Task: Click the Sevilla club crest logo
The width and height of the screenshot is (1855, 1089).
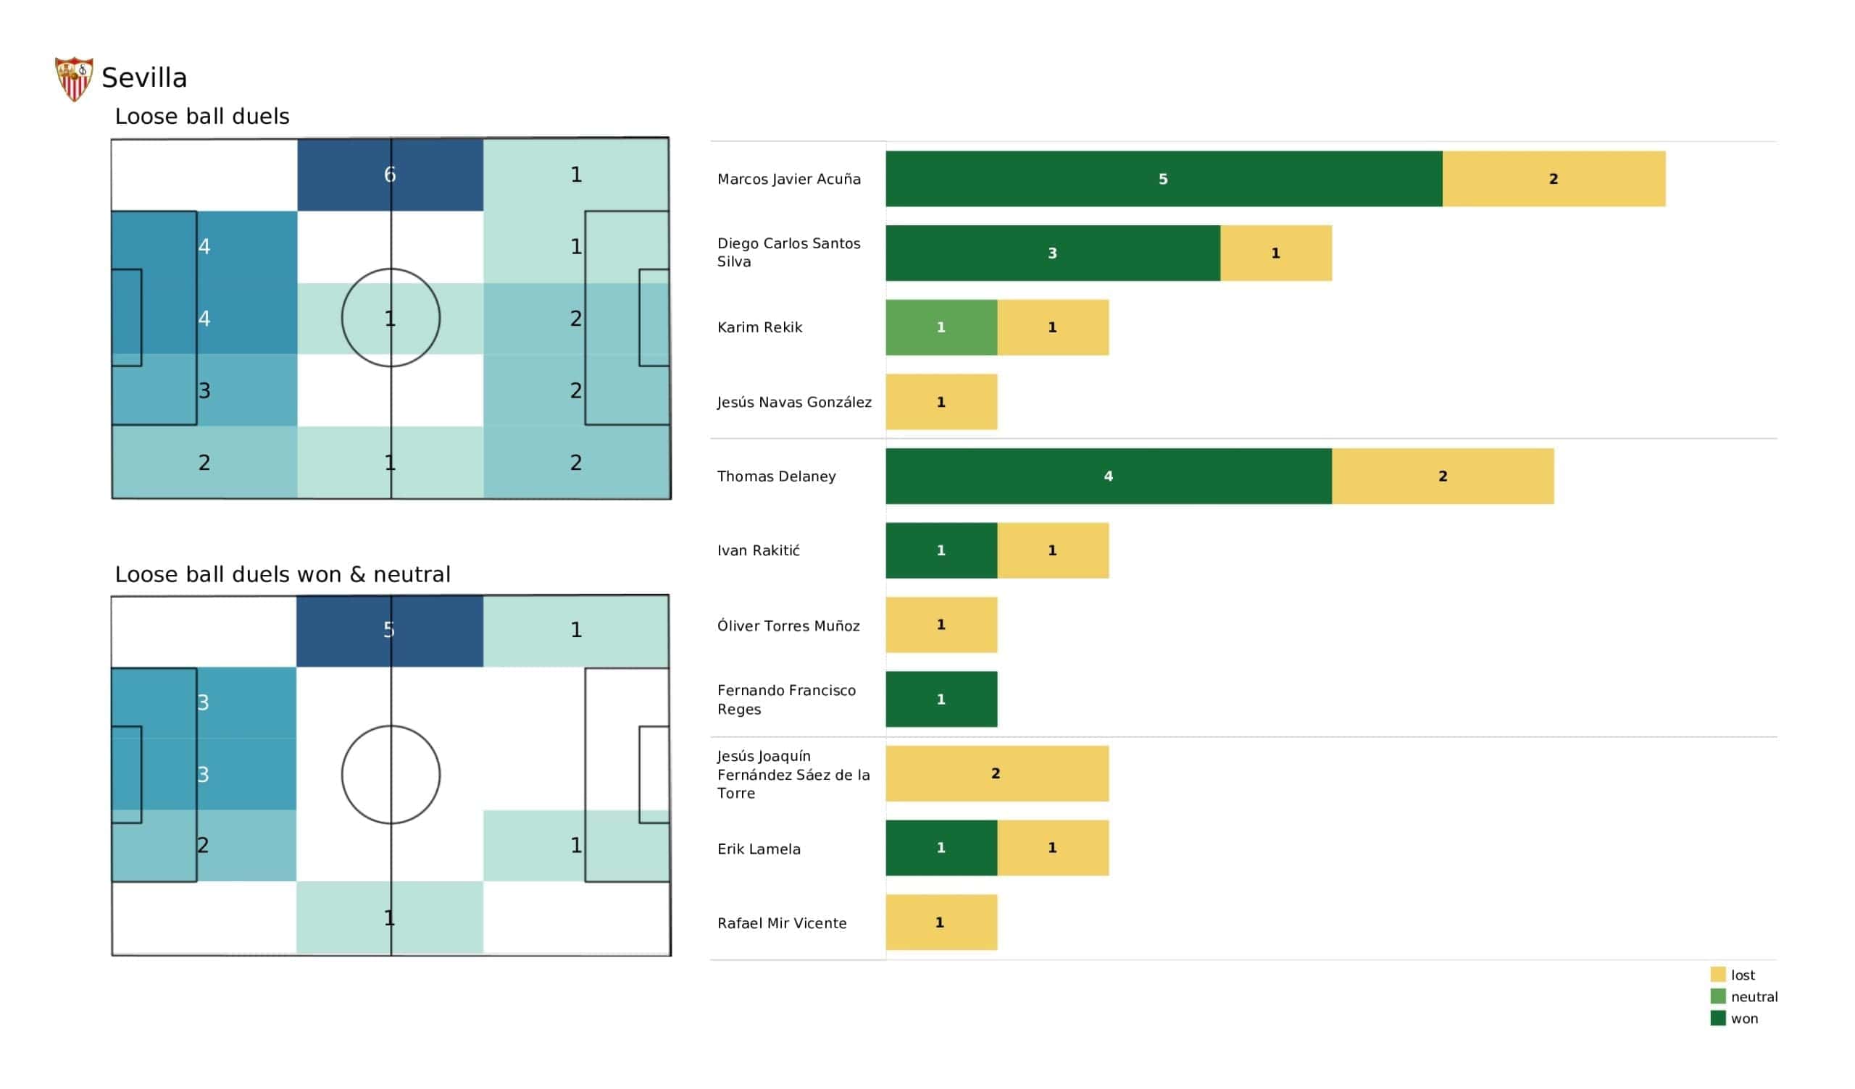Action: pos(74,79)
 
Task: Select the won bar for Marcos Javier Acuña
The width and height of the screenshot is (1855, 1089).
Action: pos(1163,179)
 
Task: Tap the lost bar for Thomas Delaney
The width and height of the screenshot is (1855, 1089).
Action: pos(1442,476)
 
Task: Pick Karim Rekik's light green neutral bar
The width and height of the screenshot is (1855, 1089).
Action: pos(941,327)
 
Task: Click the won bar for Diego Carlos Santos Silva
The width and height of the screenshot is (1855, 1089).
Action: pos(1052,253)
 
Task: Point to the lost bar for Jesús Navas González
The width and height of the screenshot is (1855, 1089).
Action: pos(941,402)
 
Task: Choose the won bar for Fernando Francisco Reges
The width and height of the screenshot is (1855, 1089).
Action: pos(941,699)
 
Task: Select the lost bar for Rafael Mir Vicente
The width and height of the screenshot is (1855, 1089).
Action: pos(941,922)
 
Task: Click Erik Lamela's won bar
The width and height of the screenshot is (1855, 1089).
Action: pos(941,848)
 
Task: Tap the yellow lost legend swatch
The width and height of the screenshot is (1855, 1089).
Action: pos(1717,974)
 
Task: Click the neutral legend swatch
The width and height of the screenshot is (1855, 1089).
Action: pos(1717,996)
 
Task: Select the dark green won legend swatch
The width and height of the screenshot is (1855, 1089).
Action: pos(1717,1018)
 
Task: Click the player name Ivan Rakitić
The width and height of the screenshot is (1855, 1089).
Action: pos(758,550)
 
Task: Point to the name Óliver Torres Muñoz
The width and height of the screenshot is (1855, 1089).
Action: pos(788,626)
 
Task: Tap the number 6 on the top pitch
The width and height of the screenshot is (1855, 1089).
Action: pos(389,175)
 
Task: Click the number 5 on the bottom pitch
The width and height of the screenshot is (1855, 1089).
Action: pos(388,630)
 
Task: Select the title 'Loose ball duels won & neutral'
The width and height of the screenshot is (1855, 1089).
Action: pos(283,574)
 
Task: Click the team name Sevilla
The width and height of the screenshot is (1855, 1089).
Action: pos(144,78)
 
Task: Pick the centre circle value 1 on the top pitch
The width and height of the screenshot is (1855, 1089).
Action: pos(389,319)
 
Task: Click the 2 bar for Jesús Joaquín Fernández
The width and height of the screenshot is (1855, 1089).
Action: pos(996,773)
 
